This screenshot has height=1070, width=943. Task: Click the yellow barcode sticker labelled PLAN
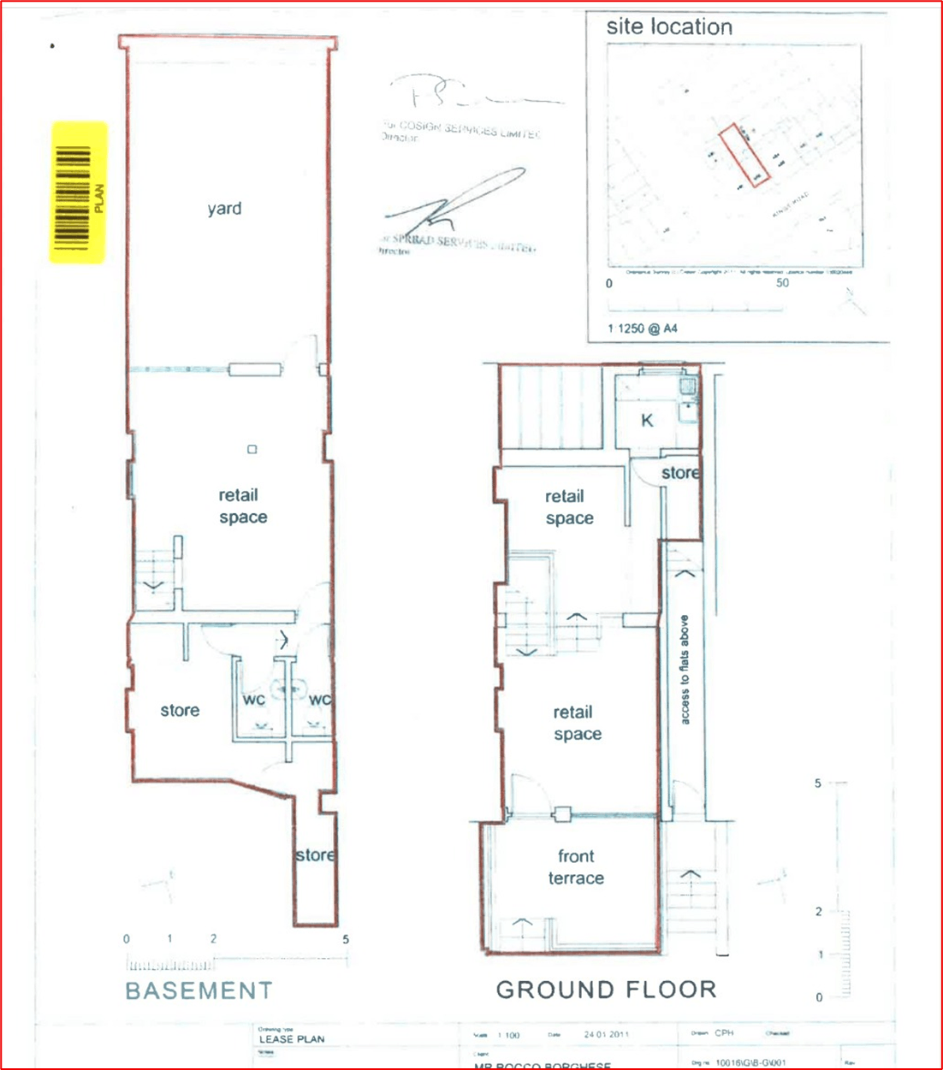pos(79,192)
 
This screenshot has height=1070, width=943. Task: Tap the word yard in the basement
pos(224,209)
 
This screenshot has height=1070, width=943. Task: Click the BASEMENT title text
pos(199,990)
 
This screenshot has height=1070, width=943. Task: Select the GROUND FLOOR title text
pos(606,990)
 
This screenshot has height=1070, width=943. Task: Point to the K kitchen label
pos(647,420)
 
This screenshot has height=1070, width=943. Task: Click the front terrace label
pos(576,867)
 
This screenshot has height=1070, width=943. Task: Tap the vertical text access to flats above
pos(685,670)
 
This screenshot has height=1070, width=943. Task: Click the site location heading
pos(669,27)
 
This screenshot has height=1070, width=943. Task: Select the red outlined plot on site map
pos(744,155)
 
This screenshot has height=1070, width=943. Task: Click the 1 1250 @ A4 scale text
pos(642,328)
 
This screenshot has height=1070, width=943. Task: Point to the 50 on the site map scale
pos(782,283)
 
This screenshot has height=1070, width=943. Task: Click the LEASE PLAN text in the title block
pos(292,1039)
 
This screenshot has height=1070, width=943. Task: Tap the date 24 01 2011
pos(606,1035)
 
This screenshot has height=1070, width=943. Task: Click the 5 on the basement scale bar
pos(346,939)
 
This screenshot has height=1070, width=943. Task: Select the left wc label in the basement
pos(254,700)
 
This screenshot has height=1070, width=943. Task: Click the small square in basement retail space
pos(252,449)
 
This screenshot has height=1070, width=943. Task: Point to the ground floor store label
pos(680,473)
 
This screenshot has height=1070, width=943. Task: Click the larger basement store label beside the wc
pos(180,711)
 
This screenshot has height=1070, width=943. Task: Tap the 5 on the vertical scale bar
pos(818,783)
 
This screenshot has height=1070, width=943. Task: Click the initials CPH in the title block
pos(724,1033)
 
